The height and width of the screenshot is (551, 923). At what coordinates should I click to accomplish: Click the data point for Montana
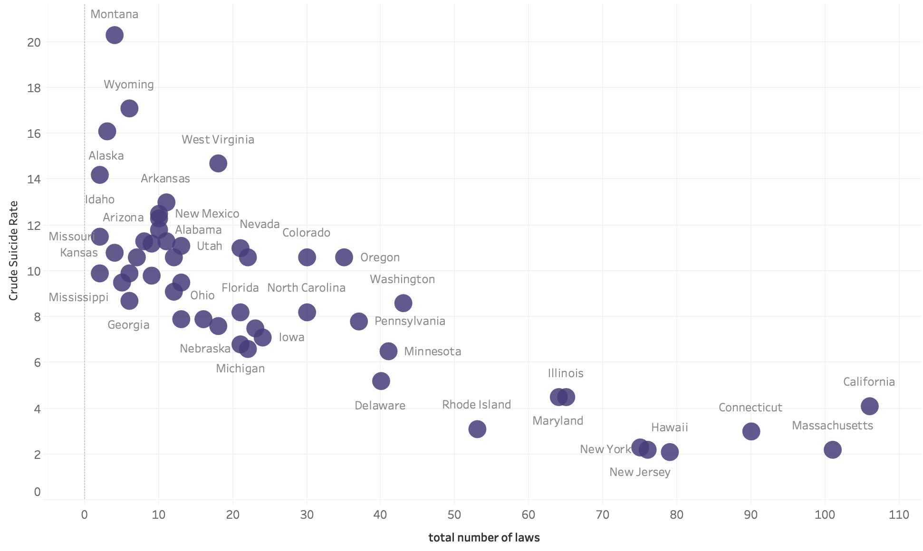click(115, 35)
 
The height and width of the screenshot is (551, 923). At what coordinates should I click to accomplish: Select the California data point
click(869, 406)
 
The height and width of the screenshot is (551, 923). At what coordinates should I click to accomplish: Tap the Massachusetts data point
click(832, 449)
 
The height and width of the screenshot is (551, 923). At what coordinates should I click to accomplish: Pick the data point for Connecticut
click(751, 431)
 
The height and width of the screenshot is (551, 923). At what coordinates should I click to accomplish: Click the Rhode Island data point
click(477, 429)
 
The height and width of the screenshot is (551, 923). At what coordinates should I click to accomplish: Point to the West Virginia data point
click(218, 163)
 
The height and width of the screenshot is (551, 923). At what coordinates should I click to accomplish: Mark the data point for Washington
click(403, 303)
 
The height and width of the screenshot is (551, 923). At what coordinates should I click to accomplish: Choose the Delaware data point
click(381, 381)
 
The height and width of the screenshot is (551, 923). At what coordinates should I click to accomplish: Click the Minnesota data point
click(388, 351)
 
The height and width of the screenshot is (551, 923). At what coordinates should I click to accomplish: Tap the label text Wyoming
click(129, 85)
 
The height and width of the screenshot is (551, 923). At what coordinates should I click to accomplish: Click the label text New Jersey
click(640, 472)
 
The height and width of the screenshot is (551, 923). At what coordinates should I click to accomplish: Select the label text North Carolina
click(306, 288)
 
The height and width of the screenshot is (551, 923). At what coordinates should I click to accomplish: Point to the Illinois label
click(566, 373)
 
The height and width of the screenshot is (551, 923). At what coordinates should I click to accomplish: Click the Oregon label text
click(380, 258)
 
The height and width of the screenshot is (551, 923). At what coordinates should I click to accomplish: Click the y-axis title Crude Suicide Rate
click(13, 251)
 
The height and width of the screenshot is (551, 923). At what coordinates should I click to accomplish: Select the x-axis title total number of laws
click(484, 538)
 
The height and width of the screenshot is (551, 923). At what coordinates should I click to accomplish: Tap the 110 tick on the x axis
click(899, 514)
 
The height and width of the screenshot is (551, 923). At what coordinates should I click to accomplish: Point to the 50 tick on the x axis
click(454, 514)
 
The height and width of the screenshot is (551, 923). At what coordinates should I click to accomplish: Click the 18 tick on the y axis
click(34, 88)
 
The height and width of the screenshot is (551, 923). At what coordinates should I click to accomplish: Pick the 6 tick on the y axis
click(38, 363)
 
